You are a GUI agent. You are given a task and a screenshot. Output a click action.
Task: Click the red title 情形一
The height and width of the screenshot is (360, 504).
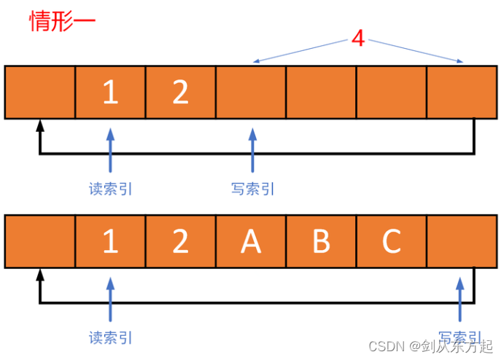coord(62,21)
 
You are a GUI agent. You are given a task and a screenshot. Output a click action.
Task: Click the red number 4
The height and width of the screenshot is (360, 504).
coord(357,39)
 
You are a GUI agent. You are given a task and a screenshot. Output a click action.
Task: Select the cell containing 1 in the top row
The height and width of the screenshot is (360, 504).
coord(110,93)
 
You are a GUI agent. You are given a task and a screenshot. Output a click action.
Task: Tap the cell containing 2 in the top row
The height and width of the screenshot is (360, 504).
coord(180,93)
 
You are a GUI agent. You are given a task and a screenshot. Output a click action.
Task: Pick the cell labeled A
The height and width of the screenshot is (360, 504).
coord(251,241)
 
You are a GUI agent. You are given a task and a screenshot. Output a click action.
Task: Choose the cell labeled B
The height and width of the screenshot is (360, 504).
coord(321,241)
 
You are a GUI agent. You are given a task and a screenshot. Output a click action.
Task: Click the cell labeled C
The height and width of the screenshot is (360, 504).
coord(392,241)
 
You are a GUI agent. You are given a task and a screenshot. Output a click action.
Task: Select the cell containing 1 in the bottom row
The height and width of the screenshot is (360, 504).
coord(110,241)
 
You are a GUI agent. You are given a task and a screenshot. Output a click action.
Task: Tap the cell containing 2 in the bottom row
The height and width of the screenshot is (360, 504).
coord(180,241)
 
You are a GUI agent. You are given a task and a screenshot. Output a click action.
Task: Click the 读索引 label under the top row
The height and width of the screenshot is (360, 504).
coord(111,189)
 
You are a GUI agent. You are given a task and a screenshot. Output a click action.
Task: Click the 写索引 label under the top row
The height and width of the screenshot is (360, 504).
coord(252,189)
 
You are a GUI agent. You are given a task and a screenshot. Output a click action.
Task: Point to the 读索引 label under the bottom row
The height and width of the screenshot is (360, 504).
coord(111,337)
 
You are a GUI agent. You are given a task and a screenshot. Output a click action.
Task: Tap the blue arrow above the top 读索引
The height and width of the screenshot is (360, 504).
coord(110,151)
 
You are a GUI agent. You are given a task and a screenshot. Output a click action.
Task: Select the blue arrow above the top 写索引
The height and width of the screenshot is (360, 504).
coord(252,151)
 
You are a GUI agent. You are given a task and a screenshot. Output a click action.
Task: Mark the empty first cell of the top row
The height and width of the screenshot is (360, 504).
coord(40,93)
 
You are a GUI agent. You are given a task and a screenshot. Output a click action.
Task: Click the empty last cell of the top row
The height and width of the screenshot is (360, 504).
coord(462,93)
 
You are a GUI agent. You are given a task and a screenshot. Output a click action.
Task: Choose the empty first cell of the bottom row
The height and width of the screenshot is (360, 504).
coord(40,241)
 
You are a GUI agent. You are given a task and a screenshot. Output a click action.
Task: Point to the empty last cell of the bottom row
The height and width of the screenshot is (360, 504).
coord(462,241)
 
